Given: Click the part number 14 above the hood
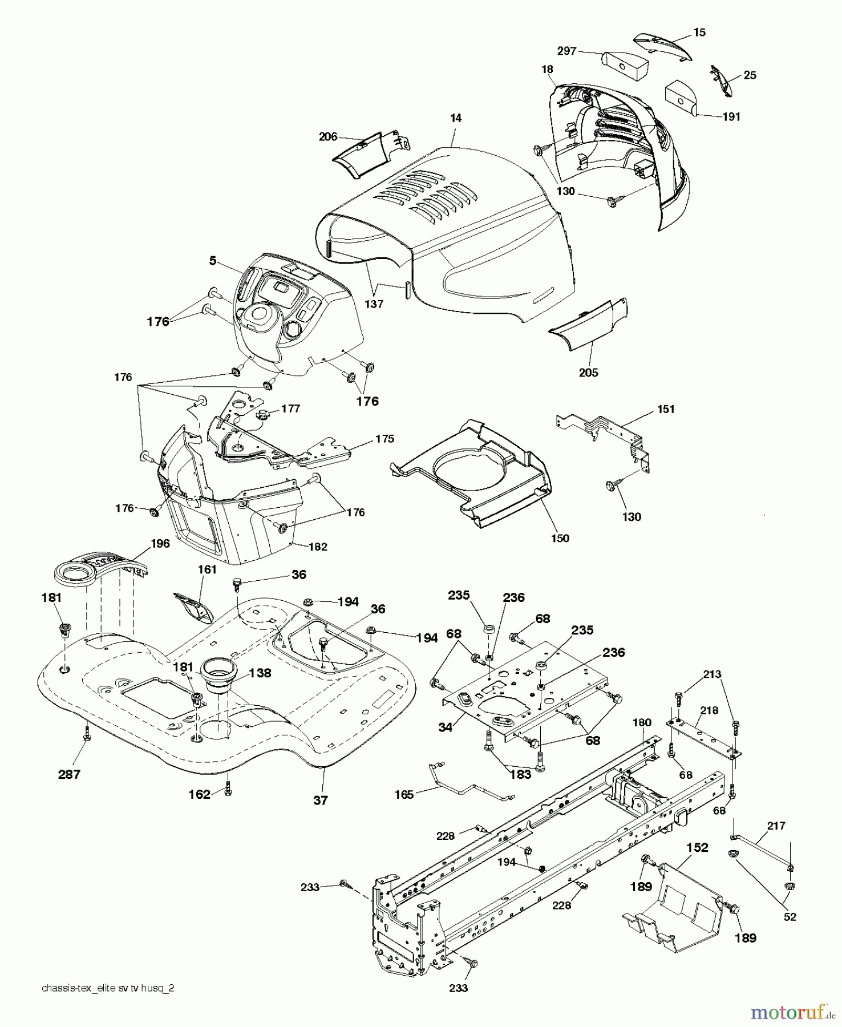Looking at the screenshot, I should coord(455,118).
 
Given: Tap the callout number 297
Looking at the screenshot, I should coord(566,51).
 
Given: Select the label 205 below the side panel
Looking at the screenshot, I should coord(588,373).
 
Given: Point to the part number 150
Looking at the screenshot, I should coord(560,538).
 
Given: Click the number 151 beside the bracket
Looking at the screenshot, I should coord(666,409).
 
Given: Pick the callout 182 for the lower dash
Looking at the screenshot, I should coord(318,547).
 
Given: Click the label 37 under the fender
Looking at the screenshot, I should coord(321,800).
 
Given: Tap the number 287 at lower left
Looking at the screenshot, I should coord(69,774).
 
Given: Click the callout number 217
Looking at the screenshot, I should coord(776,826).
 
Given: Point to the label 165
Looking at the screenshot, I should coord(404,794).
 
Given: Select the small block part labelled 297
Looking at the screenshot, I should coord(625,66).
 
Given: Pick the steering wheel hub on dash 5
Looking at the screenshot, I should coord(258,316).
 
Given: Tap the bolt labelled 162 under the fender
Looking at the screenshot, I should coord(228,789).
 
